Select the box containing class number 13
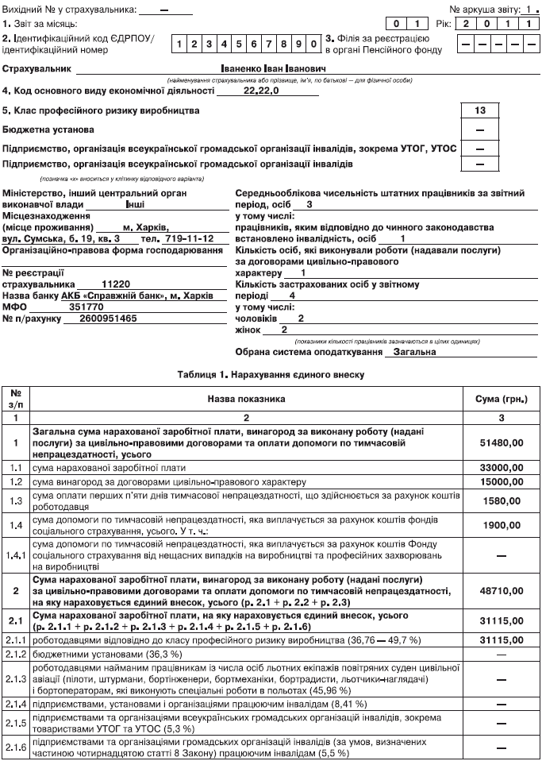coord(479,110)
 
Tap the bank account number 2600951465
coord(109,318)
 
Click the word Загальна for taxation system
coord(413,351)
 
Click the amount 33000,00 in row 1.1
coord(499,468)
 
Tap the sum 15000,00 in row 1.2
coord(499,482)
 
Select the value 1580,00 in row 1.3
coord(499,501)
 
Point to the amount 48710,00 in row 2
coord(499,592)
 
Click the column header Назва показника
coord(246,399)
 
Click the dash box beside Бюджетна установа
coord(479,129)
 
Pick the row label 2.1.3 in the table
coord(16,680)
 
